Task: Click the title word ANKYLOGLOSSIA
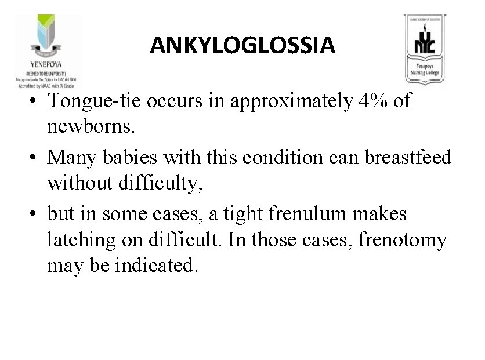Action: tap(242, 45)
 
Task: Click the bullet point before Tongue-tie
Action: tap(36, 101)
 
